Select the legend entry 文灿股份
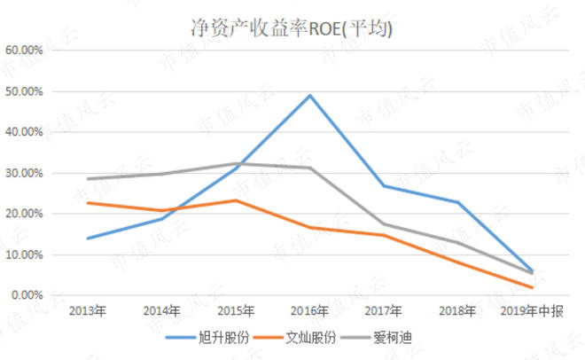(x=307, y=338)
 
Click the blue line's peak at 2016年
(x=310, y=95)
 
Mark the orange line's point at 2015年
(x=236, y=200)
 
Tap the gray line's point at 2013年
(x=88, y=178)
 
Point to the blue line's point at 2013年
(x=88, y=238)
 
